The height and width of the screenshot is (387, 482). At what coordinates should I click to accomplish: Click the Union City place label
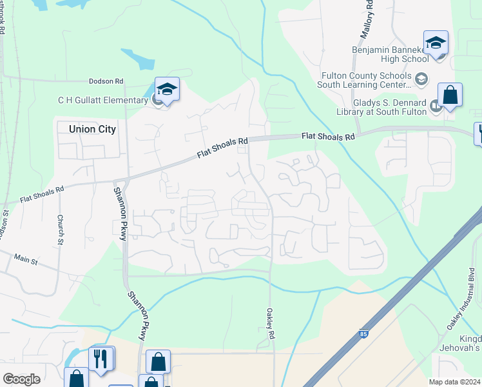92,129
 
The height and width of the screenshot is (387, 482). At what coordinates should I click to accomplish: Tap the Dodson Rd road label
106,82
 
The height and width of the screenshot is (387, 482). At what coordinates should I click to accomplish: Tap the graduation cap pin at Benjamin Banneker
436,43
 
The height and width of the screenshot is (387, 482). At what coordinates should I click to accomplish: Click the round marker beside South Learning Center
421,79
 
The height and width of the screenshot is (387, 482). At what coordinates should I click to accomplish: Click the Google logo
21,379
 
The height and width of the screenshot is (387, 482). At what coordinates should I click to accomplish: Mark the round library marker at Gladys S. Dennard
436,106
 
